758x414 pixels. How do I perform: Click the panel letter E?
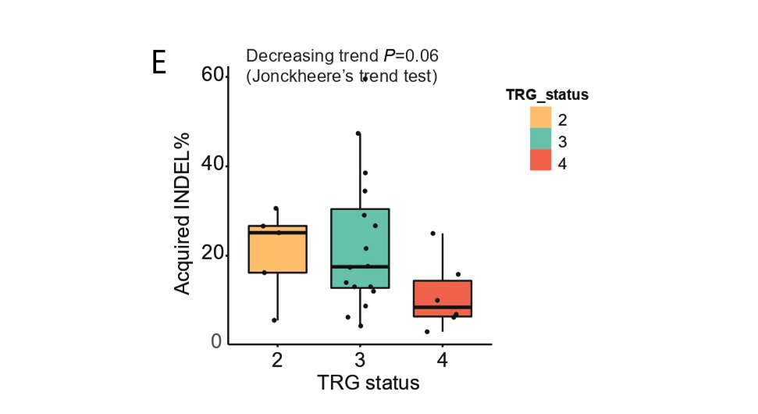(x=159, y=62)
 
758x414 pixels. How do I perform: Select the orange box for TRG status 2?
(x=277, y=249)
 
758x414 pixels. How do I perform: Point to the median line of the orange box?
(x=277, y=233)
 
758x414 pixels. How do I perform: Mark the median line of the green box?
(x=360, y=266)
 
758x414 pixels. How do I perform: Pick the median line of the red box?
(x=443, y=307)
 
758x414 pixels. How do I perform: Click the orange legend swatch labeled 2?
(x=540, y=117)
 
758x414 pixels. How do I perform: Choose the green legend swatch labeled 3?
(x=540, y=139)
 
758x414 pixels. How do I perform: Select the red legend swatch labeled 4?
(x=540, y=160)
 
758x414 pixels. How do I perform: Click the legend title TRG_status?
(x=546, y=95)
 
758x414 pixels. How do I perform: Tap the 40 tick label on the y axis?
(x=212, y=166)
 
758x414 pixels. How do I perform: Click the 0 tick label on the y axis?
(x=217, y=343)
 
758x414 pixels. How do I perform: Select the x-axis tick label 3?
(x=360, y=360)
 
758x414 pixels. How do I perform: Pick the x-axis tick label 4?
(x=443, y=360)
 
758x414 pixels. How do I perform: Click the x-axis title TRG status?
(x=368, y=384)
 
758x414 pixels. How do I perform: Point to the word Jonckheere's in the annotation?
(x=305, y=77)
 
